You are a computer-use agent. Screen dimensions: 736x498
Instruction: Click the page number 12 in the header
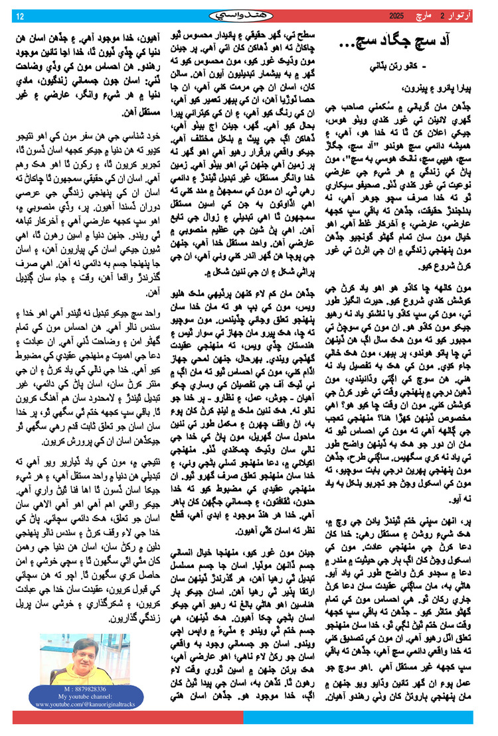click(x=19, y=15)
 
